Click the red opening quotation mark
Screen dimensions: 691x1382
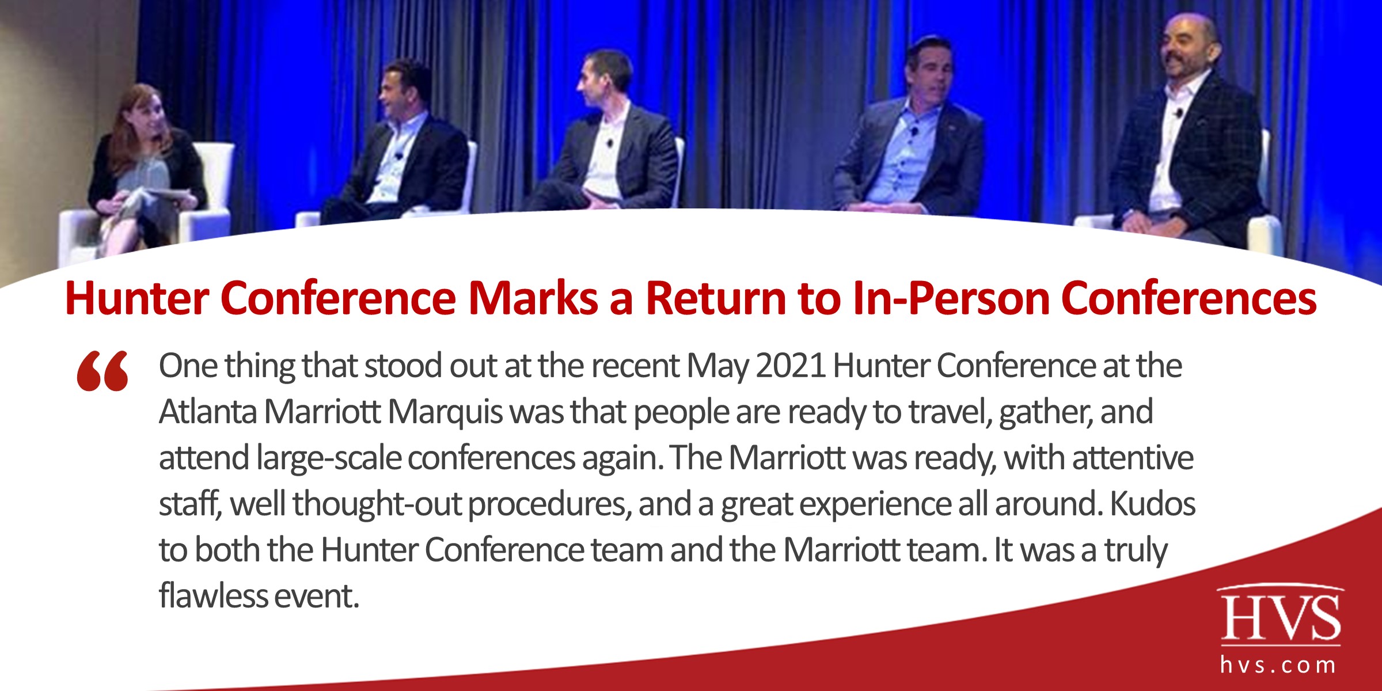pyautogui.click(x=102, y=371)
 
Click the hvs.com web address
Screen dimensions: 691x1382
pyautogui.click(x=1278, y=666)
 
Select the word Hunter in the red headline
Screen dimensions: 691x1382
pyautogui.click(x=136, y=298)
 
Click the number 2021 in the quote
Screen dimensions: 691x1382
pyautogui.click(x=791, y=366)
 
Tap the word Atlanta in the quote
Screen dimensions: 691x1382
pyautogui.click(x=208, y=412)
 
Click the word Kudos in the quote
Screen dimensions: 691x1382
pyautogui.click(x=1152, y=504)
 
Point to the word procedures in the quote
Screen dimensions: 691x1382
pyautogui.click(x=546, y=505)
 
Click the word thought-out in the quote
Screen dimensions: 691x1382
pyautogui.click(x=377, y=504)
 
